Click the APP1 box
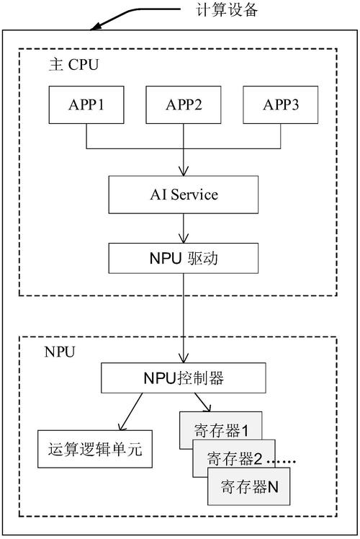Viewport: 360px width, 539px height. tap(86, 105)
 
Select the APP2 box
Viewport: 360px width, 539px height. tap(184, 105)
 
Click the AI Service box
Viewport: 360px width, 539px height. tap(184, 195)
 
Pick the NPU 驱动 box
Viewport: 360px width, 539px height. tap(184, 257)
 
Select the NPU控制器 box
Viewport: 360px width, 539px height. tap(184, 376)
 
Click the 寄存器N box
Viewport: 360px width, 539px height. tap(248, 487)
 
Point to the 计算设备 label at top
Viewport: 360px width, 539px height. tap(226, 11)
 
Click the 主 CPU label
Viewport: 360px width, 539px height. tap(73, 65)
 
